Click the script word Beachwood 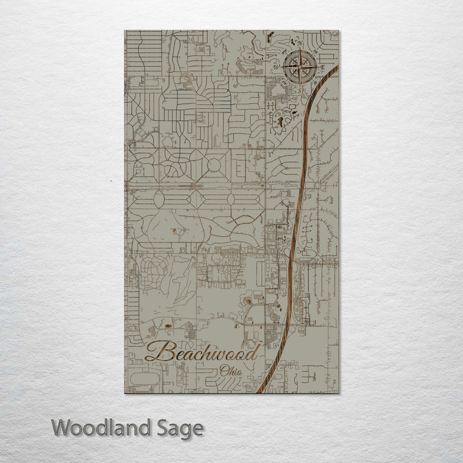[x=202, y=352]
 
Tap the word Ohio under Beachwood [x=232, y=371]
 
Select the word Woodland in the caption [x=102, y=427]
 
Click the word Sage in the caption [x=181, y=428]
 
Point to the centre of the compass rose [x=301, y=66]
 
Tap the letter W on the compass [x=277, y=66]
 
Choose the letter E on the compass [x=323, y=67]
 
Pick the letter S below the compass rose [x=301, y=91]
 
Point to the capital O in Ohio [x=223, y=371]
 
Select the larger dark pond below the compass [x=280, y=120]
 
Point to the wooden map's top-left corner [x=125, y=31]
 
